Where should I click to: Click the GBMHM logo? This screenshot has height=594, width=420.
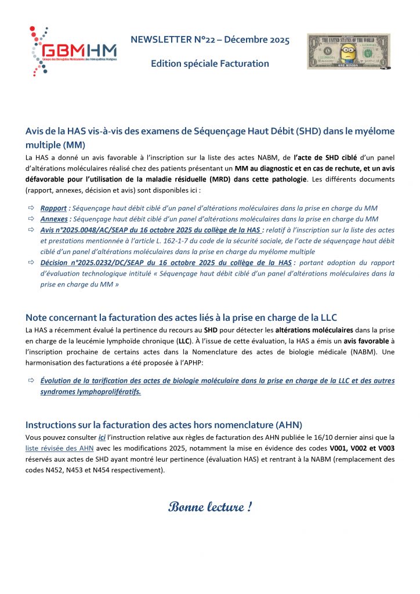[72, 50]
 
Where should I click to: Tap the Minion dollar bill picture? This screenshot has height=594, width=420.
[348, 52]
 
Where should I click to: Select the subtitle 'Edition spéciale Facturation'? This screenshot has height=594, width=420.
[210, 63]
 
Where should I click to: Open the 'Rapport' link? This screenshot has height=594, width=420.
[53, 208]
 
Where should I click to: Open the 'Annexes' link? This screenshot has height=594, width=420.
[54, 219]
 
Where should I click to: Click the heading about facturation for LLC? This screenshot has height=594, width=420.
[181, 317]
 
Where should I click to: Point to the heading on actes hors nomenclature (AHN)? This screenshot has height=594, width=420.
[164, 424]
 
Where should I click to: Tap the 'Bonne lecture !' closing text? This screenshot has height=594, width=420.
[210, 507]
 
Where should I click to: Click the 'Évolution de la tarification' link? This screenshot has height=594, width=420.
[218, 381]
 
